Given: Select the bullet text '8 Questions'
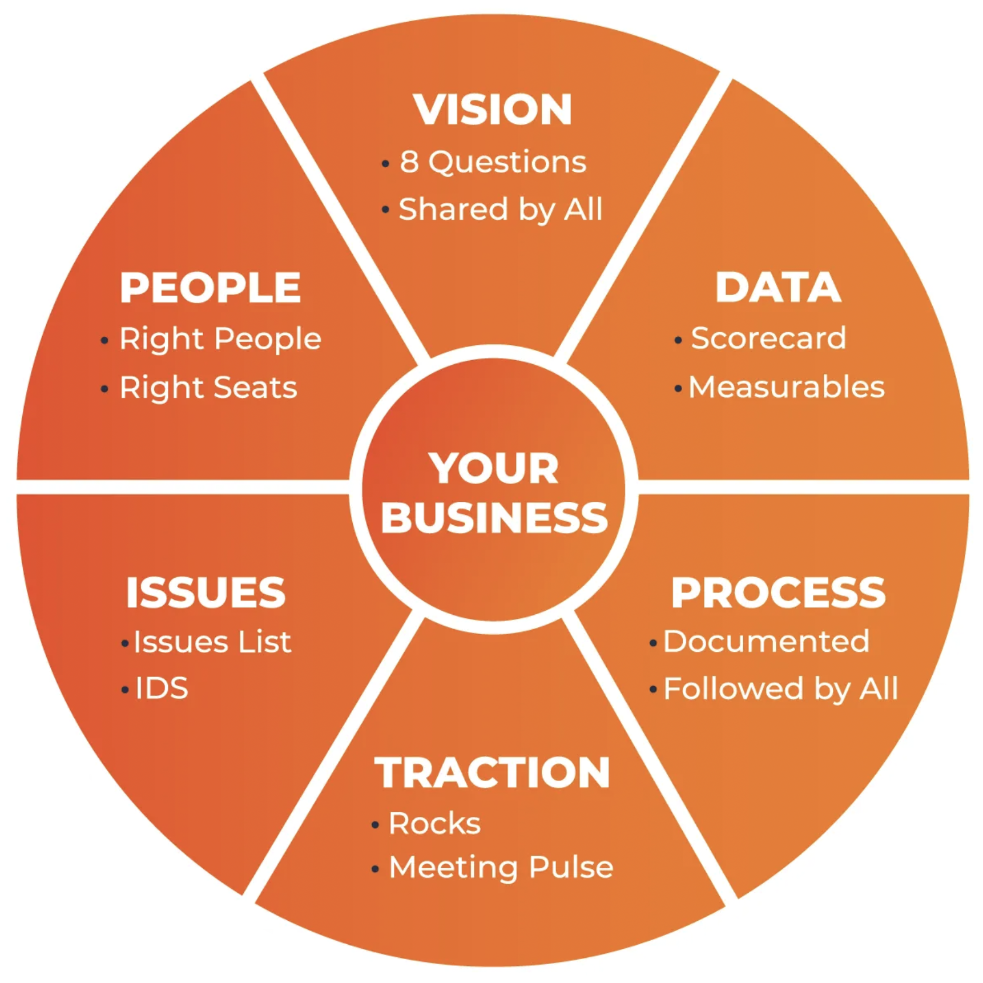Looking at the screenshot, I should tap(493, 162).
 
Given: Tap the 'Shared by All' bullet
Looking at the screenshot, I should tap(500, 210).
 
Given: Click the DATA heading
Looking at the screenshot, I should tap(778, 287).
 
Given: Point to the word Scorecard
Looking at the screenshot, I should tap(768, 338).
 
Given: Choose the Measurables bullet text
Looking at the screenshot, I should tap(786, 387).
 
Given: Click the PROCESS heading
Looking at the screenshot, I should tap(778, 593).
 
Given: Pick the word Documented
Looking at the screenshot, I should tap(766, 641).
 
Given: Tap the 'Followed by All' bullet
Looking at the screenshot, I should tap(780, 688).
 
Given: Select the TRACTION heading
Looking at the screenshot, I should tap(492, 773).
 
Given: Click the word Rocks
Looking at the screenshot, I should tap(435, 823).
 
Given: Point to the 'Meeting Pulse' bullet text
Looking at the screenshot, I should tap(501, 867).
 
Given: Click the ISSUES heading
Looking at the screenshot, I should tap(206, 593).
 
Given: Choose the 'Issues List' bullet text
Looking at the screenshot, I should tap(212, 642).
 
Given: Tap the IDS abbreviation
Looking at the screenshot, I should tap(162, 688).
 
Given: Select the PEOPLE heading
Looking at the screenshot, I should tap(210, 287).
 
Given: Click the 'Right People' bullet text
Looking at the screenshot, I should tap(220, 339).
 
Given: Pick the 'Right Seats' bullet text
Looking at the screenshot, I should tap(208, 388).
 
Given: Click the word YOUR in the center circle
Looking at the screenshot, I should tap(494, 469).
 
